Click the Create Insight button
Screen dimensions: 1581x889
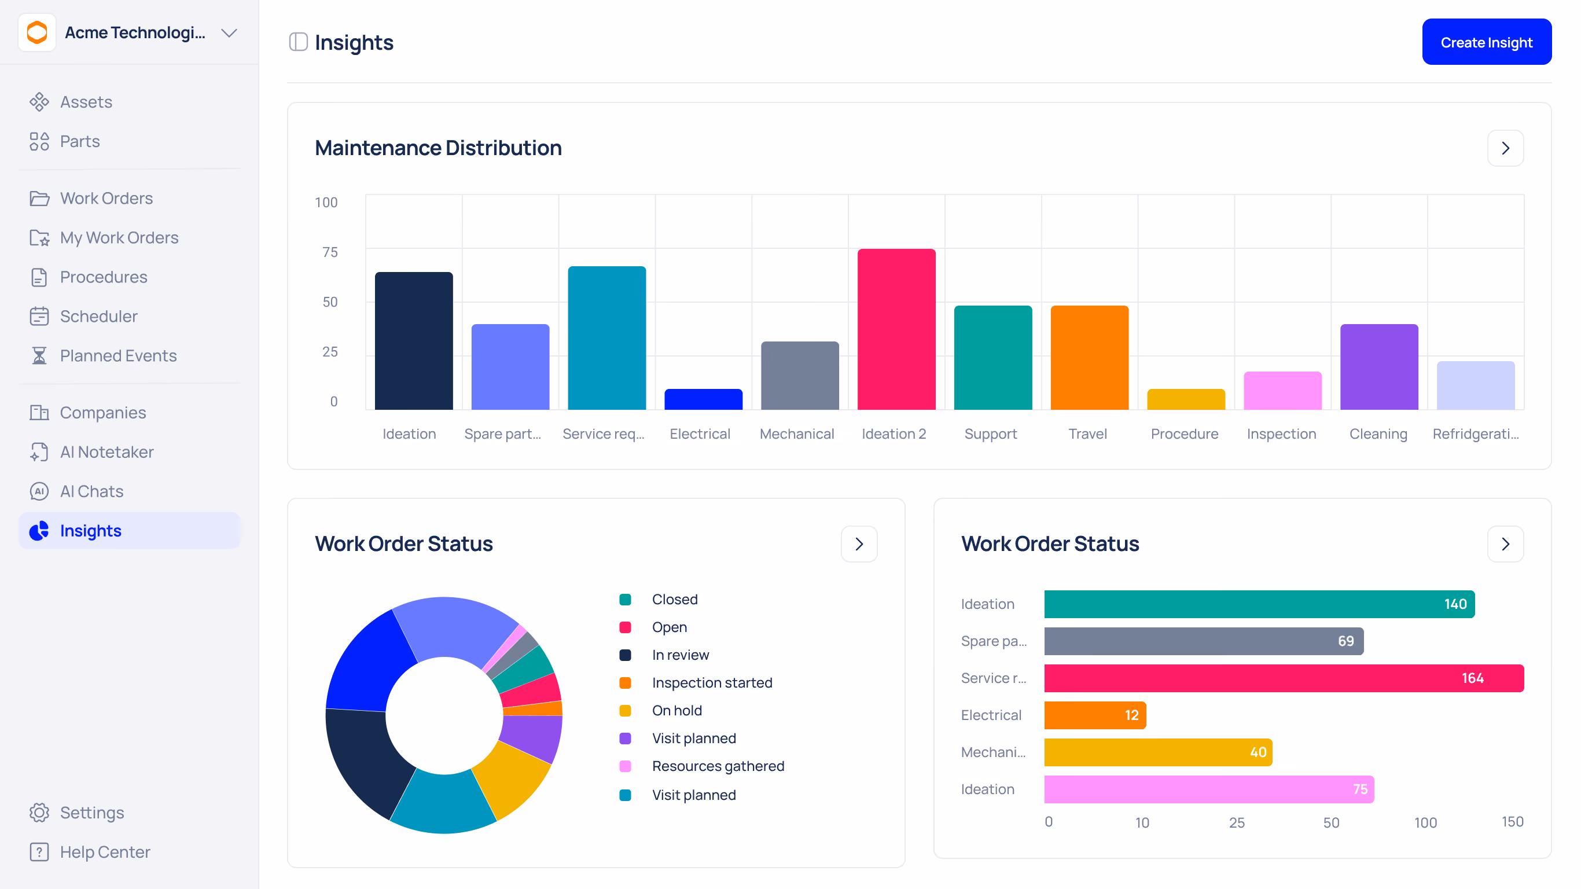(1486, 42)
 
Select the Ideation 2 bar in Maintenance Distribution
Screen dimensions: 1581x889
(896, 329)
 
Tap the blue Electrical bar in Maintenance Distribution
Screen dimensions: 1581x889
(703, 399)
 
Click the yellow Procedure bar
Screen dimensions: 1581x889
(1186, 399)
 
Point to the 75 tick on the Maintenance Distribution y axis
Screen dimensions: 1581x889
(330, 252)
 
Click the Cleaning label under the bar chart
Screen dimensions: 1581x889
(1378, 434)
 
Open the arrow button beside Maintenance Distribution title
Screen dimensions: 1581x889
(1505, 148)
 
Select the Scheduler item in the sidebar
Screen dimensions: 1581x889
(98, 316)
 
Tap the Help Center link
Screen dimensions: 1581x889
(105, 851)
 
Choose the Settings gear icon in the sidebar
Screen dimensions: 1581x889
(39, 812)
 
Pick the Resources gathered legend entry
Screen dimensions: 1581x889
(702, 766)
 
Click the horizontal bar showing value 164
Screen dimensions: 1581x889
(1284, 678)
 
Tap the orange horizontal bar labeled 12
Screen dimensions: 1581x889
(1095, 715)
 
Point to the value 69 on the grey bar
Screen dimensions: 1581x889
(1345, 641)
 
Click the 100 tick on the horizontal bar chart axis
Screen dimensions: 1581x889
(1425, 822)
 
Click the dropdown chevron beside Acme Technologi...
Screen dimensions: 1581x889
(229, 33)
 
